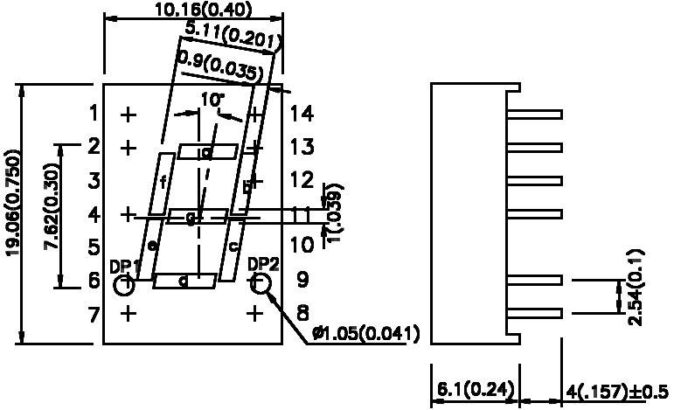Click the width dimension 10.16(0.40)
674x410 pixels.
(x=191, y=10)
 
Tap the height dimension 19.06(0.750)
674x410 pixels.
(x=12, y=214)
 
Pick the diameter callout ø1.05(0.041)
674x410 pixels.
(x=365, y=334)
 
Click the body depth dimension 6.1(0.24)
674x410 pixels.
(x=473, y=389)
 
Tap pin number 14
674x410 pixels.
(x=302, y=114)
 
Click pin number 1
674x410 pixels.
(x=94, y=114)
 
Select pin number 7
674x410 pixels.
(x=94, y=313)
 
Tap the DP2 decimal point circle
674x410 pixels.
(x=261, y=282)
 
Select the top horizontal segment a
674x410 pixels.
(x=207, y=152)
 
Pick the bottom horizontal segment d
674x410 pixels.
(x=184, y=281)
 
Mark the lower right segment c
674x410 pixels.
(x=233, y=248)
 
